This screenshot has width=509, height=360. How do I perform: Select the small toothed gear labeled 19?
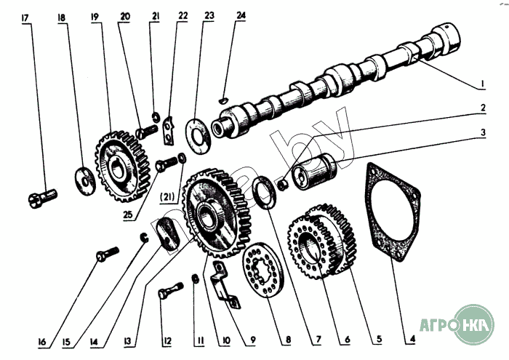pos(117,164)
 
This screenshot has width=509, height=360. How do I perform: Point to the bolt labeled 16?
pos(106,255)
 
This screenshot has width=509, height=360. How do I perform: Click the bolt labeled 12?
pos(167,295)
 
